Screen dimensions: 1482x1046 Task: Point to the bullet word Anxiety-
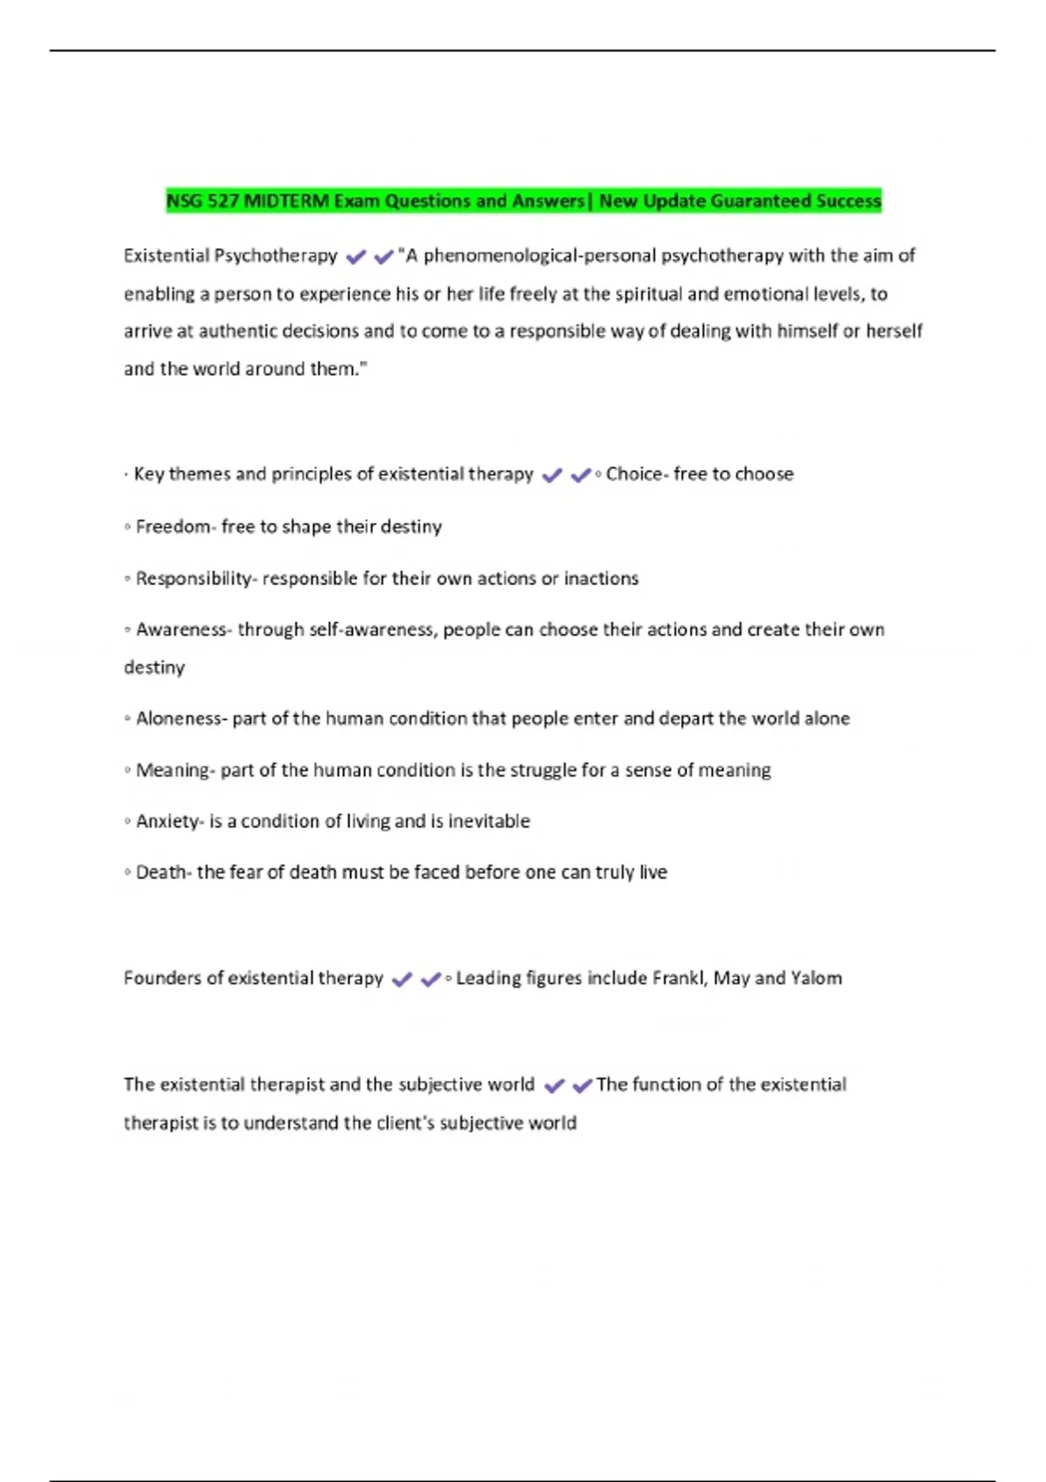[x=169, y=822]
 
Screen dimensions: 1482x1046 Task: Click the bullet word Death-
[x=163, y=873]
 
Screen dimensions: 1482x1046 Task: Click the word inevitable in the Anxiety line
[x=489, y=822]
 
